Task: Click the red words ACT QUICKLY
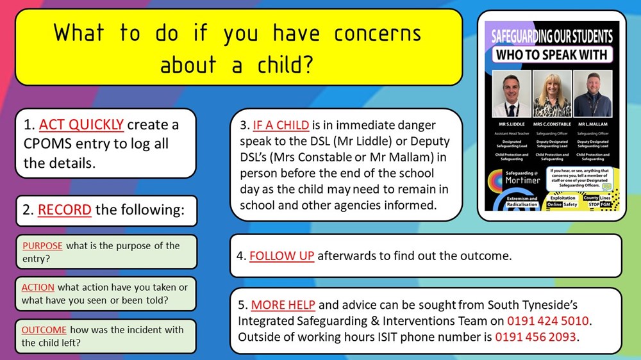[x=82, y=124]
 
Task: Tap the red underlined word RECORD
[x=64, y=210]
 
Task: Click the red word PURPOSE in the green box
[x=42, y=246]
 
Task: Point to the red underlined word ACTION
[x=38, y=288]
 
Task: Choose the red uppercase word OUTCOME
[x=44, y=330]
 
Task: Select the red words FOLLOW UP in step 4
[x=281, y=256]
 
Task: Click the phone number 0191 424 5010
[x=548, y=320]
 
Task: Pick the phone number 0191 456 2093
[x=535, y=336]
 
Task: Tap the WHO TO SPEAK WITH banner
[x=551, y=55]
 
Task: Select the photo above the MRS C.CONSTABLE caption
[x=551, y=94]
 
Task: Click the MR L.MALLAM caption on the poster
[x=592, y=124]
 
